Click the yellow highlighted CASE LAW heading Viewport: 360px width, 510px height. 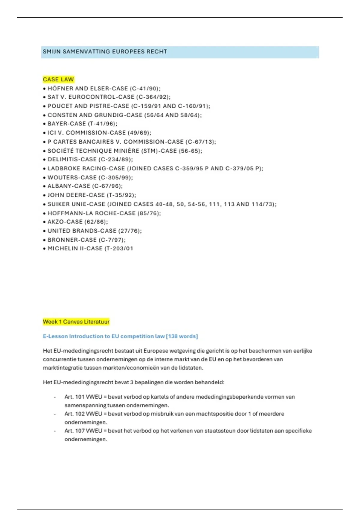(x=58, y=79)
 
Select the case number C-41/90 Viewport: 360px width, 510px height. (x=145, y=88)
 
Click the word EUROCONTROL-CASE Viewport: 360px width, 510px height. (x=101, y=97)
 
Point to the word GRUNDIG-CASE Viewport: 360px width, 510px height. (x=118, y=115)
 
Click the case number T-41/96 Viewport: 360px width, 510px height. (x=102, y=124)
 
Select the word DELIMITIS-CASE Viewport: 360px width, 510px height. (x=72, y=160)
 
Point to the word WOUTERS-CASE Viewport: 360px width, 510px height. (x=72, y=178)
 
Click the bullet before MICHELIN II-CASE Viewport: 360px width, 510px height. (x=44, y=249)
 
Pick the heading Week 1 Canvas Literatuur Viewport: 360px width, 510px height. (x=76, y=322)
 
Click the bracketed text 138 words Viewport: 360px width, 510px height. (x=182, y=336)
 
